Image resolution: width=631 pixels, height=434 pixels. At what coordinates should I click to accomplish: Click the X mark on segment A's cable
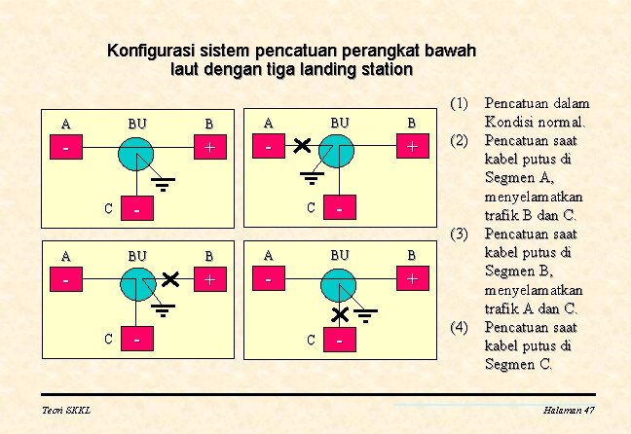pyautogui.click(x=301, y=146)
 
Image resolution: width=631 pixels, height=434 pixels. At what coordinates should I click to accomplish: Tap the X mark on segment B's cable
pyautogui.click(x=172, y=279)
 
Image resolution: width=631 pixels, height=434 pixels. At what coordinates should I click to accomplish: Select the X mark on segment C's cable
pyautogui.click(x=340, y=313)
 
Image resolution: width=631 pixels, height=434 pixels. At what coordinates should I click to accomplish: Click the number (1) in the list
pyautogui.click(x=459, y=102)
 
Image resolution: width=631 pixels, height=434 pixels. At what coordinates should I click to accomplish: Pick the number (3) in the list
pyautogui.click(x=459, y=234)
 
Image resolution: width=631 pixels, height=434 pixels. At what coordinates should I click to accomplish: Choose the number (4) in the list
pyautogui.click(x=459, y=327)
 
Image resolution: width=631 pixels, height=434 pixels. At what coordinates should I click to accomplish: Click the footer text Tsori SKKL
pyautogui.click(x=66, y=411)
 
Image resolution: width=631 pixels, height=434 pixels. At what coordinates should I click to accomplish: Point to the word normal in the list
pyautogui.click(x=560, y=122)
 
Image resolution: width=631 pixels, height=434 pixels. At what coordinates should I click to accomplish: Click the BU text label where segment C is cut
pyautogui.click(x=340, y=255)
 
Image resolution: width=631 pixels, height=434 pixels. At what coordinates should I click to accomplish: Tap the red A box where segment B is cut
pyautogui.click(x=65, y=280)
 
